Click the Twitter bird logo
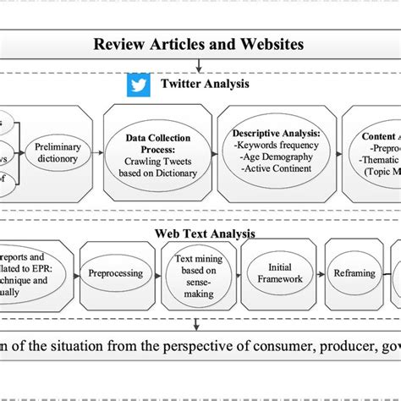(x=136, y=85)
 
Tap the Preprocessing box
(x=114, y=274)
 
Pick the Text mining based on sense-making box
(x=195, y=274)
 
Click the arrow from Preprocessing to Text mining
(x=155, y=274)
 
